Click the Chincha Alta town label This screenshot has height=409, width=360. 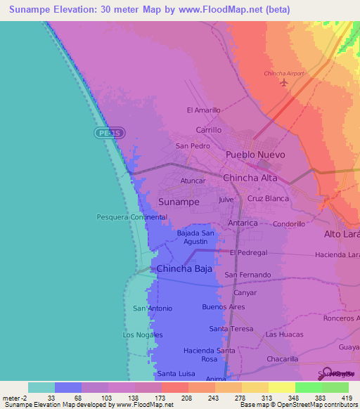click(250, 178)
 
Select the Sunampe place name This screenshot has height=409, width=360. click(179, 202)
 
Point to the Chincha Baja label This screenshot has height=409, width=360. click(184, 268)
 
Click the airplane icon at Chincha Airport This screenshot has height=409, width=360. click(284, 84)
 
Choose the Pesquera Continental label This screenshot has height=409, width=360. click(131, 217)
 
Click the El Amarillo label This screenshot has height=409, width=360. click(204, 110)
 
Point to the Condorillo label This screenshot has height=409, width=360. click(289, 224)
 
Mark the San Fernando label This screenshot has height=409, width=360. click(247, 275)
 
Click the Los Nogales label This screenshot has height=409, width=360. click(143, 335)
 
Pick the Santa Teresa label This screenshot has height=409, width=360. click(231, 329)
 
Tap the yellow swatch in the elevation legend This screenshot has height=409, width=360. click(281, 387)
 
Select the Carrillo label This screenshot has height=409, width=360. click(208, 130)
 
